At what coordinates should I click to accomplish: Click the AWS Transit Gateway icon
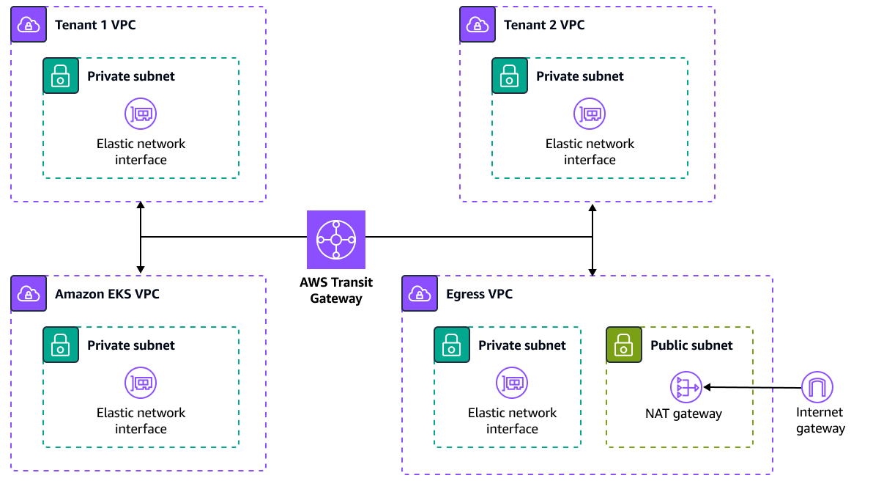(335, 240)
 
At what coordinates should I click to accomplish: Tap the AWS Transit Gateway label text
(335, 290)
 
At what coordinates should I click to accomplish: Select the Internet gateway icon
(817, 387)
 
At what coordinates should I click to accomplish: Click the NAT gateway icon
(686, 387)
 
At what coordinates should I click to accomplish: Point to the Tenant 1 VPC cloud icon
(29, 25)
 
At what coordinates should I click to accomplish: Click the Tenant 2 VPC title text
(544, 25)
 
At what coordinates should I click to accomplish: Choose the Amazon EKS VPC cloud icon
(29, 294)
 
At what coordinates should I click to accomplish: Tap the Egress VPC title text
(479, 294)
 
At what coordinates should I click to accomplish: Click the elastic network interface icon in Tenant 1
(141, 114)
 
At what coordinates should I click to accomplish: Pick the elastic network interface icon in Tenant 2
(590, 114)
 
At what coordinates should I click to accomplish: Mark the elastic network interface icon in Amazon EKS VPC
(141, 383)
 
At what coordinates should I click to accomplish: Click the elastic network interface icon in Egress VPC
(512, 383)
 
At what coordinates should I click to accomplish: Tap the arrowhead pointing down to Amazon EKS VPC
(141, 269)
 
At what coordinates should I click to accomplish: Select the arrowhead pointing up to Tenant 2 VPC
(592, 208)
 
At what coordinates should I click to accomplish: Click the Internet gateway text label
(820, 421)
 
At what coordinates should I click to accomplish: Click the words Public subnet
(691, 345)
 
